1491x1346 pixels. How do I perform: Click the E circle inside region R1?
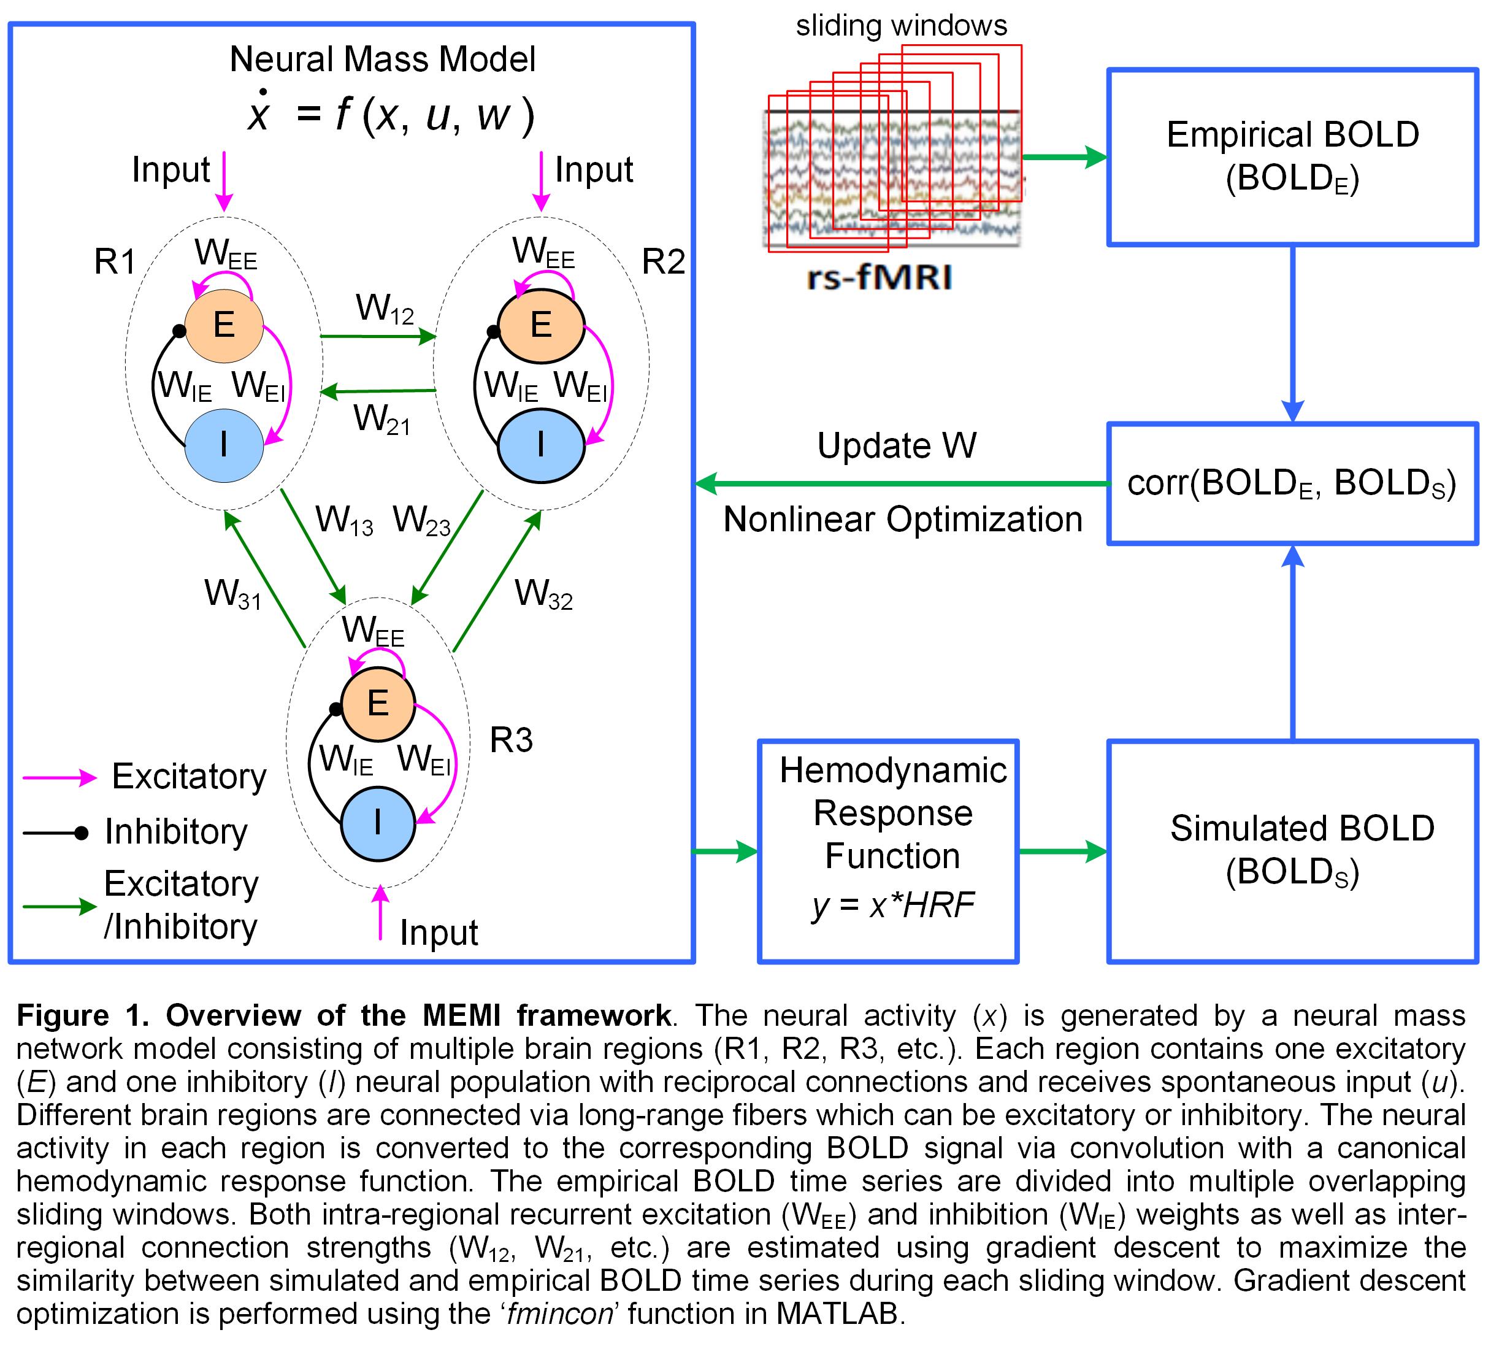click(x=224, y=325)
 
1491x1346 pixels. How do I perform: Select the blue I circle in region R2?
click(x=541, y=445)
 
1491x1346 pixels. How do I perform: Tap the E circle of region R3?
click(x=378, y=702)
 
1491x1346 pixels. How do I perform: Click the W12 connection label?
click(x=385, y=309)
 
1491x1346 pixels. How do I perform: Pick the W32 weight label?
click(x=543, y=594)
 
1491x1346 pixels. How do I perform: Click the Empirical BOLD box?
click(x=1292, y=157)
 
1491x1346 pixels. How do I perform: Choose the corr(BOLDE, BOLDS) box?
click(x=1292, y=483)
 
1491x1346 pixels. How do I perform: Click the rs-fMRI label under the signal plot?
click(x=879, y=277)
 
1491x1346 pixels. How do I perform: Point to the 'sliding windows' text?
click(x=901, y=26)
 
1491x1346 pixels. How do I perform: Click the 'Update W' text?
click(x=897, y=446)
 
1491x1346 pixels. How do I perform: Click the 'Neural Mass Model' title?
click(x=382, y=59)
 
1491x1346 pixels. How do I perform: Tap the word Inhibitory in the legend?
click(x=176, y=831)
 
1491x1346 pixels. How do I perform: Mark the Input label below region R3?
click(x=439, y=933)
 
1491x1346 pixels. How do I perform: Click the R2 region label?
click(x=663, y=262)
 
